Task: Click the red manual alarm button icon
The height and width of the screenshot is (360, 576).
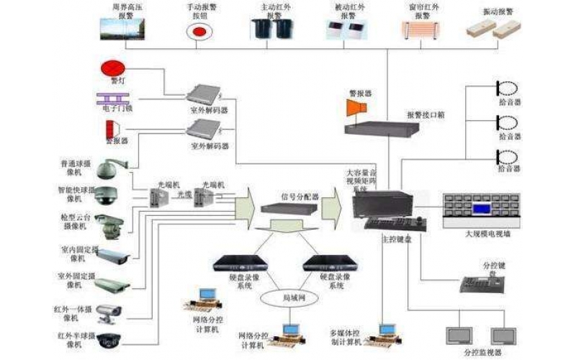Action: coord(197,31)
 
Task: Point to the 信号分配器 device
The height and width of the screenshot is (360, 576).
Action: coord(288,207)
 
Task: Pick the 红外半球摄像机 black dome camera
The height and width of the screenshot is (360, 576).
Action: coord(109,339)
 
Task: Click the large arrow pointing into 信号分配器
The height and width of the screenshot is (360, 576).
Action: coord(245,205)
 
